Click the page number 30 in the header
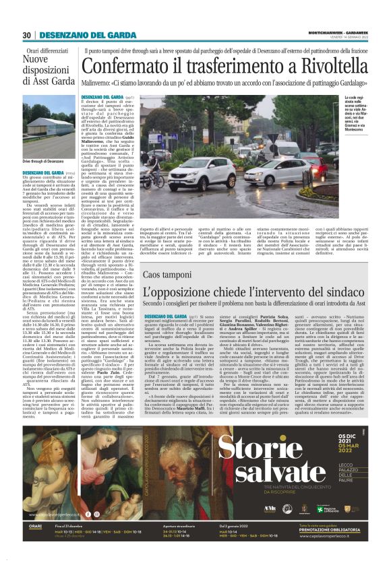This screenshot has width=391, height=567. pos(26,36)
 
